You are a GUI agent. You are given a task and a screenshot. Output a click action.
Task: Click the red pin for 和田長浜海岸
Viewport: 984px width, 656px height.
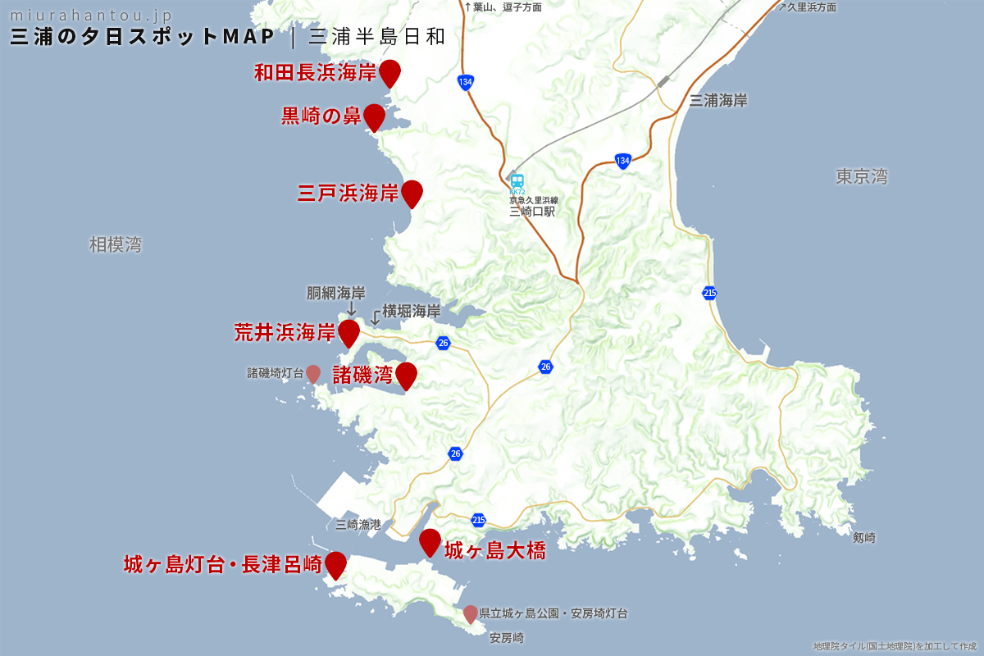[x=389, y=72]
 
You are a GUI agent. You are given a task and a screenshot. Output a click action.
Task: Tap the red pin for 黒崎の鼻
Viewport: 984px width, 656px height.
[x=374, y=116]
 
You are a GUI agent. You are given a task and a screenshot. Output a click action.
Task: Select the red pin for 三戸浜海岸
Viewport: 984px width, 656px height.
[x=411, y=193]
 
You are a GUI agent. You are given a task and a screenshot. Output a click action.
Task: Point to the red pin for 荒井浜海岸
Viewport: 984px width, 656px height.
[x=349, y=332]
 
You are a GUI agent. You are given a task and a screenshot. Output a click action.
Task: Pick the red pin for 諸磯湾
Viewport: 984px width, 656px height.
[x=406, y=375]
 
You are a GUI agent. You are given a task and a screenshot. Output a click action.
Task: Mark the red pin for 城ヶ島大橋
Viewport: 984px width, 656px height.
[x=430, y=542]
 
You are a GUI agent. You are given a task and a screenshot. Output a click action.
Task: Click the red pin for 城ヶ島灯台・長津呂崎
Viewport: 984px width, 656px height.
[x=335, y=564]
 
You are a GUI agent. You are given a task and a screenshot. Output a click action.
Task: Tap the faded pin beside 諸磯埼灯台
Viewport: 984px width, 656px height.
[x=313, y=373]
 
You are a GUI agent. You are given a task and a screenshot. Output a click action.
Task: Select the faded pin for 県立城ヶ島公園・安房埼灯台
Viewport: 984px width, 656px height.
[x=471, y=613]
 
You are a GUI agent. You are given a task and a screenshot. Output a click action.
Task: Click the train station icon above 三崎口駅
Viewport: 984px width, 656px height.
[x=517, y=180]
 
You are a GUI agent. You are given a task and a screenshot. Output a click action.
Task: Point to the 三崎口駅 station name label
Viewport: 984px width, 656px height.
[x=532, y=211]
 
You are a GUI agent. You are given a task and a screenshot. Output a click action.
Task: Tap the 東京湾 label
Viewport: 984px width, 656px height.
[x=862, y=176]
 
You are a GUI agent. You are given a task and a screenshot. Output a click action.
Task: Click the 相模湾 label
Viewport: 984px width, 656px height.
[x=116, y=244]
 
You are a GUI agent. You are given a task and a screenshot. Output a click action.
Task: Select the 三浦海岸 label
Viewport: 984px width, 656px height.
[x=718, y=101]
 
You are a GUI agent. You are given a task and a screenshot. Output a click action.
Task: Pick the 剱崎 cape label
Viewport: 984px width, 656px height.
[x=863, y=538]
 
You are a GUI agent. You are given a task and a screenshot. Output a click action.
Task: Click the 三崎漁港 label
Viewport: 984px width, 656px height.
[x=358, y=525]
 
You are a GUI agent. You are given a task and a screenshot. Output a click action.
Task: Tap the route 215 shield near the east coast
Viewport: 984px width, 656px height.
[x=710, y=293]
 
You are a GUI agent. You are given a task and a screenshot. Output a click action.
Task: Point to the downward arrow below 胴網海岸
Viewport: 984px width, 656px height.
[x=351, y=309]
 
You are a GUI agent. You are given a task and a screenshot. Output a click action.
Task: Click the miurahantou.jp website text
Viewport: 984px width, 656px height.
[x=91, y=16]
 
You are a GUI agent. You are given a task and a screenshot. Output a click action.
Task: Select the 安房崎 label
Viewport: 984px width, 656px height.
[x=507, y=638]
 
